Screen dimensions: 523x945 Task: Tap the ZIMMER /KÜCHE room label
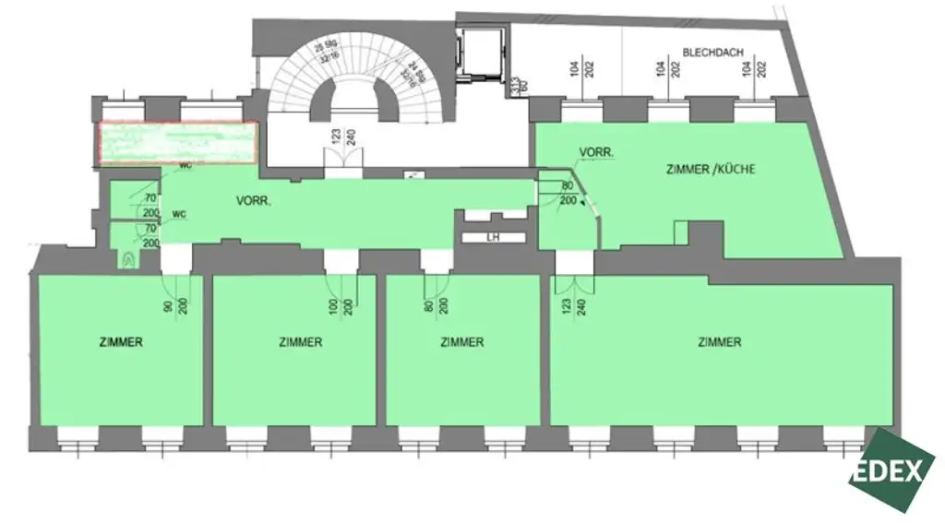click(x=703, y=170)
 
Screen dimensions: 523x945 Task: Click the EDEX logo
click(x=886, y=470)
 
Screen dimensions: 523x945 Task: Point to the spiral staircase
click(x=355, y=78)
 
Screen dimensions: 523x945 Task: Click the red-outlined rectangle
click(x=177, y=143)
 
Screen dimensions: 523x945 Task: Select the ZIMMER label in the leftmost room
click(x=121, y=342)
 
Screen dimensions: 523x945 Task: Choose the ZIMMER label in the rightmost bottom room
click(x=720, y=342)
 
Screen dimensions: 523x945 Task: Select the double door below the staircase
click(x=342, y=165)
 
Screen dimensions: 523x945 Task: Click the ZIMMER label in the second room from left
click(x=300, y=342)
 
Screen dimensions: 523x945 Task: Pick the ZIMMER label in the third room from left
click(x=461, y=342)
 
